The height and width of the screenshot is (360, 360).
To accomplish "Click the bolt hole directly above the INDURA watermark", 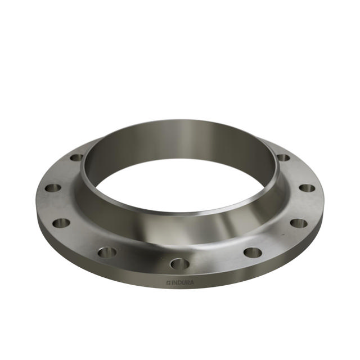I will [x=179, y=263].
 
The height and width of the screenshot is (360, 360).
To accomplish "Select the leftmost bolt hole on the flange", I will [x=52, y=188].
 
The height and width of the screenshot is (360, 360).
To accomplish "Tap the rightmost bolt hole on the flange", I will [x=307, y=188].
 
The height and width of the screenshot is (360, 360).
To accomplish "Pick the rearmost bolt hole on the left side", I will [x=76, y=157].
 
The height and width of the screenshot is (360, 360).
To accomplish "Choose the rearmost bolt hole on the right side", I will [x=283, y=157].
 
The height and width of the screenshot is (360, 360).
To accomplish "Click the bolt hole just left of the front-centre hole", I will [x=107, y=252].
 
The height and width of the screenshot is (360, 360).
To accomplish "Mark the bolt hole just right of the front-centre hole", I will [x=253, y=251].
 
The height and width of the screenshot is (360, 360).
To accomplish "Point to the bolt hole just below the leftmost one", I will [x=61, y=223].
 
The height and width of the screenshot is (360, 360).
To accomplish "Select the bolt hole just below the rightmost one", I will [x=299, y=223].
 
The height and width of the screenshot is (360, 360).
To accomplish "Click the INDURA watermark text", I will [x=179, y=282].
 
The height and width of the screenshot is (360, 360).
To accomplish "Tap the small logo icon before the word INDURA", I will [x=168, y=282].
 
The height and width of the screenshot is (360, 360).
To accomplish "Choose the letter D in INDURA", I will [x=179, y=282].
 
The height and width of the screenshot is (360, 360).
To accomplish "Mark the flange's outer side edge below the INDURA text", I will [x=179, y=292].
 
